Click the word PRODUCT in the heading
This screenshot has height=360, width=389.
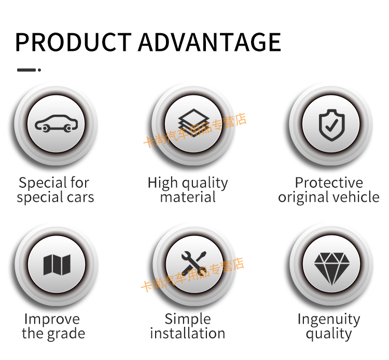pos(73,42)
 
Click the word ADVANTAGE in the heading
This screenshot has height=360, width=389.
pos(210,42)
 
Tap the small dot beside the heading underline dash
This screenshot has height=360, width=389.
pos(39,70)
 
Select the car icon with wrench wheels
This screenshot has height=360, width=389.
pos(57,123)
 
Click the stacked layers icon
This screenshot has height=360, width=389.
pos(194,123)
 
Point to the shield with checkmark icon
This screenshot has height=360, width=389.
pos(332,125)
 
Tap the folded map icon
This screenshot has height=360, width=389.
pos(57,265)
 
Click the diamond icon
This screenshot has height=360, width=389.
pos(332,269)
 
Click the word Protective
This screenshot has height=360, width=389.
pos(329,183)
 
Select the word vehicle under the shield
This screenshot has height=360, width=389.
pos(356,197)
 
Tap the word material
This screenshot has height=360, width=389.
pos(188,197)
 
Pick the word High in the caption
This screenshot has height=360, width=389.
pos(162,183)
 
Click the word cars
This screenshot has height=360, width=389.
pos(80,198)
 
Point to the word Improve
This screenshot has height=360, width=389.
pos(52,320)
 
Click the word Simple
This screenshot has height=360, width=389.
pos(188,320)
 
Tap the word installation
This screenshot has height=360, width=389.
pos(188,333)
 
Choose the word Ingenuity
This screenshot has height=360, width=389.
pos(329,320)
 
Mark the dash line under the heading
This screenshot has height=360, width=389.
pos(26,70)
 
